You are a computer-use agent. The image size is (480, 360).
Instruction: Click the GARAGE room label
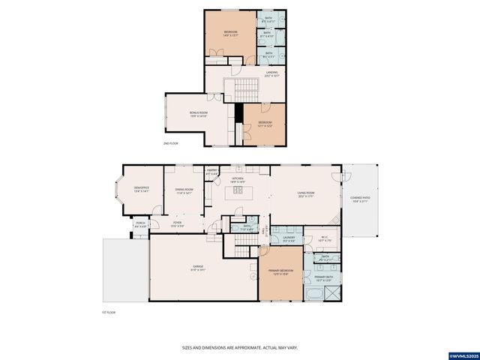(x=198, y=266)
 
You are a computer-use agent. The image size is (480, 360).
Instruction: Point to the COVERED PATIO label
(x=360, y=199)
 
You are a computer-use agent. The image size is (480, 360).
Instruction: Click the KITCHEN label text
(x=237, y=179)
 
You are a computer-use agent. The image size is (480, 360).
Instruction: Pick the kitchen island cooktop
(x=238, y=190)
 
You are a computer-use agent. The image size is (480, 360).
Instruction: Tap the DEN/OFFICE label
(x=141, y=188)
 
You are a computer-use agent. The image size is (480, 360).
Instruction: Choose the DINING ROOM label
(x=184, y=190)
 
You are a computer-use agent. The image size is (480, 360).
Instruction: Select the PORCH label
(x=140, y=223)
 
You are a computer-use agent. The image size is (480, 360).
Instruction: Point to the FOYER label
(x=177, y=223)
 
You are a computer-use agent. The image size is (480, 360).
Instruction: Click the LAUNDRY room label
(x=289, y=238)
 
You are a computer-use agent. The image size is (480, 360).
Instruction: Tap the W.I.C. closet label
(x=325, y=239)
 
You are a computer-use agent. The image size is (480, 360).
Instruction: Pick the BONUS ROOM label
(x=199, y=113)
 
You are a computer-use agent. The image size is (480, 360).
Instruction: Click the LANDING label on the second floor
(x=271, y=73)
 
